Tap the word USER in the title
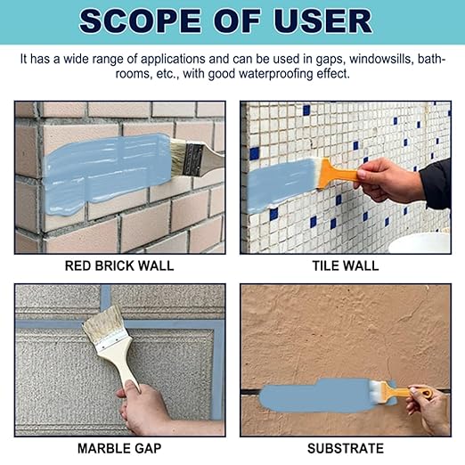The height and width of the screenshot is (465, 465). (x=322, y=21)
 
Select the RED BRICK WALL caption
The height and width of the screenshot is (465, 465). (x=119, y=265)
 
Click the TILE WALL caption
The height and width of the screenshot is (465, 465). (x=346, y=265)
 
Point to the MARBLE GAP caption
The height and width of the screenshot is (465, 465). (x=119, y=448)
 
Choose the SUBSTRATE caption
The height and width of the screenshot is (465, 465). (x=346, y=448)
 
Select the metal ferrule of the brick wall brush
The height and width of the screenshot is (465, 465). (x=193, y=159)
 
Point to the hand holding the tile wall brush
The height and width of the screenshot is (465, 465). (x=389, y=181)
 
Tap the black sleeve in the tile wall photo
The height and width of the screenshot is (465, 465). (x=436, y=184)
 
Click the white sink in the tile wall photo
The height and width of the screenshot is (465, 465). (x=420, y=243)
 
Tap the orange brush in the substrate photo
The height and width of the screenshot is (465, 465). (x=399, y=392)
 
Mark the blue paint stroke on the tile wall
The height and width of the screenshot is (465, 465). (x=281, y=184)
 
